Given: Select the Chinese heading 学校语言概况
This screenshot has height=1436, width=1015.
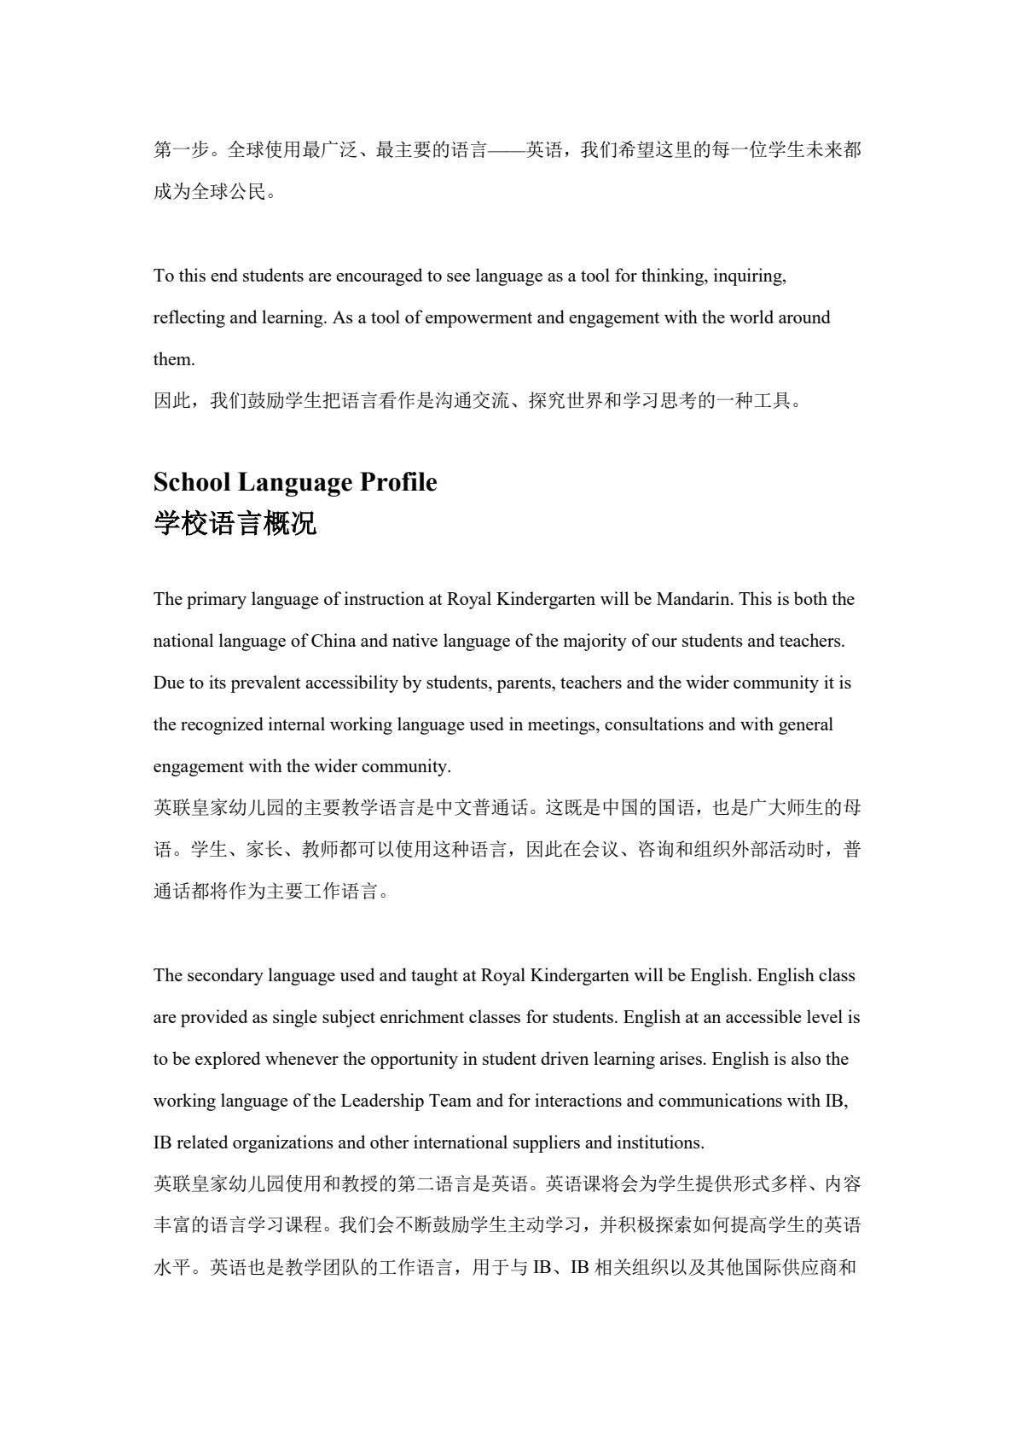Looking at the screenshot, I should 235,523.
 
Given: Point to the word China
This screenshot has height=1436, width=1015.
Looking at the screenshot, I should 333,641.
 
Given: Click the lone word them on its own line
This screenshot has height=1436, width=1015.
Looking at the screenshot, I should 173,359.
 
